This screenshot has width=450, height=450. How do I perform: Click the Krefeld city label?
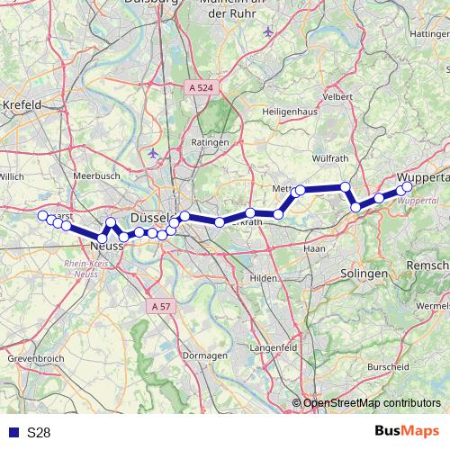pos(24,104)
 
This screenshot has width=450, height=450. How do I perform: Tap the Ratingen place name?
pos(209,142)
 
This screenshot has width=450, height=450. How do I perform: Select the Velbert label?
pos(337,96)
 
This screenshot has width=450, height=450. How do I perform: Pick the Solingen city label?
pos(364,272)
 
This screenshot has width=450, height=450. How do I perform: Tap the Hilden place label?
pos(265,279)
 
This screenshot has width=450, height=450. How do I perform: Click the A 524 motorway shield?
pos(202,87)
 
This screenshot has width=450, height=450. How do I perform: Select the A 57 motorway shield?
pos(160,307)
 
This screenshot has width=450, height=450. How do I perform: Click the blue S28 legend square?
pos(11,432)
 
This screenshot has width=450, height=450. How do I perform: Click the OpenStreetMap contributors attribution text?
pos(372,403)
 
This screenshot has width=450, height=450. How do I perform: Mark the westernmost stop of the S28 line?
pos(42,215)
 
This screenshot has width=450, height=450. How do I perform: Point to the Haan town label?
pos(315,247)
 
